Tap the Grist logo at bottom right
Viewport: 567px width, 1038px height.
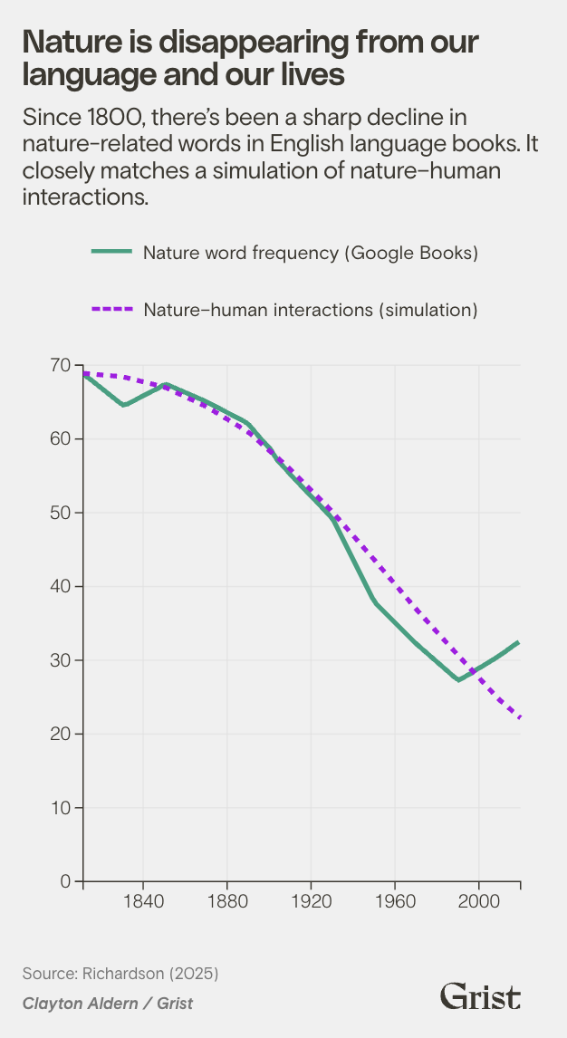pyautogui.click(x=480, y=997)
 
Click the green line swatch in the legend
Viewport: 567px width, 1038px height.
pyautogui.click(x=111, y=253)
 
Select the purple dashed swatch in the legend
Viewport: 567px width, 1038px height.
pyautogui.click(x=111, y=309)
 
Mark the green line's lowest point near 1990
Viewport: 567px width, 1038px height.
pyautogui.click(x=459, y=679)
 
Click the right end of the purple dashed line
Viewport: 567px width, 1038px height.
pyautogui.click(x=520, y=717)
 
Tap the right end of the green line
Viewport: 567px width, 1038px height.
pyautogui.click(x=519, y=642)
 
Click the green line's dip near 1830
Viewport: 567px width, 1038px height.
pyautogui.click(x=124, y=405)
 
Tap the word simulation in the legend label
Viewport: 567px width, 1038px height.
pyautogui.click(x=430, y=309)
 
